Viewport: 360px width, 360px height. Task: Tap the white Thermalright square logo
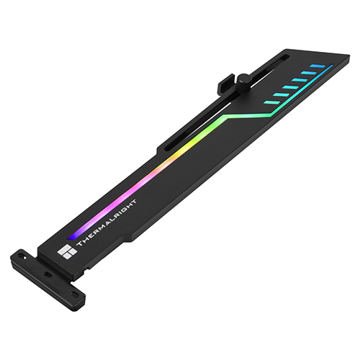pos(67,252)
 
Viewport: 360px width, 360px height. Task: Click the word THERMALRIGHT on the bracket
pos(107,222)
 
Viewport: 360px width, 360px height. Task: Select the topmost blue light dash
pos(318,66)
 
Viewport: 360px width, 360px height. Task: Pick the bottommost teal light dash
pos(271,102)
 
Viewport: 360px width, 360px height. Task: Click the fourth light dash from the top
pos(290,87)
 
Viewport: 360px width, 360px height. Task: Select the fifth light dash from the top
pos(281,95)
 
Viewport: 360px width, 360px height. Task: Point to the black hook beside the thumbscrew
pos(225,83)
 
